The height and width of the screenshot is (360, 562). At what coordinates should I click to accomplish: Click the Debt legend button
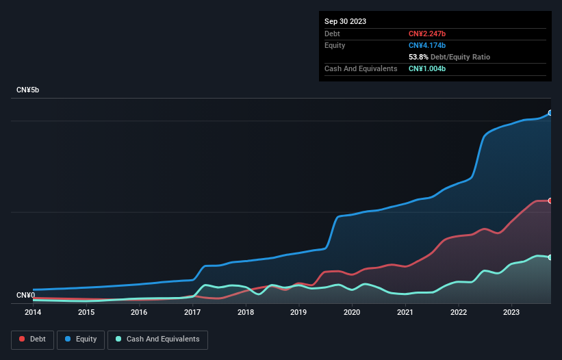pyautogui.click(x=31, y=339)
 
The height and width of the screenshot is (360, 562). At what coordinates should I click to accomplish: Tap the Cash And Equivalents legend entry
pyautogui.click(x=157, y=339)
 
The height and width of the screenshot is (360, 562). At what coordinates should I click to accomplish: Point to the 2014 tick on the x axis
pyautogui.click(x=33, y=312)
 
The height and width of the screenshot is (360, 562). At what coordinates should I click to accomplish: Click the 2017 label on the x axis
pyautogui.click(x=192, y=312)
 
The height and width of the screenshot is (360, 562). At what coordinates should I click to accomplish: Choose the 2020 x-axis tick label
pyautogui.click(x=352, y=312)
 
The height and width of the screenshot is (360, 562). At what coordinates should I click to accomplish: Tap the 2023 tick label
pyautogui.click(x=511, y=312)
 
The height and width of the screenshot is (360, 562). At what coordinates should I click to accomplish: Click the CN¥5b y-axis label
pyautogui.click(x=28, y=90)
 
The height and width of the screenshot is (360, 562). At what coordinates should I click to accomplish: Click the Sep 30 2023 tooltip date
pyautogui.click(x=346, y=21)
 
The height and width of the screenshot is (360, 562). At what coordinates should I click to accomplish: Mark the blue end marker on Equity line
pyautogui.click(x=550, y=113)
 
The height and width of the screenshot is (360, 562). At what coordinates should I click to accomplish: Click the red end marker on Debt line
pyautogui.click(x=550, y=201)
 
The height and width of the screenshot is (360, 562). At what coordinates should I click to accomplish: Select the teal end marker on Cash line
pyautogui.click(x=550, y=257)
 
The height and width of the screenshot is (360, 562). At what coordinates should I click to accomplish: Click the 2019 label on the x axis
pyautogui.click(x=298, y=312)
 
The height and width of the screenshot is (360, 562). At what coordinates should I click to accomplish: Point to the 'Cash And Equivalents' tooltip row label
pyautogui.click(x=361, y=69)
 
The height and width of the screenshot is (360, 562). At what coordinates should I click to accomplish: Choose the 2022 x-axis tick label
pyautogui.click(x=458, y=312)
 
